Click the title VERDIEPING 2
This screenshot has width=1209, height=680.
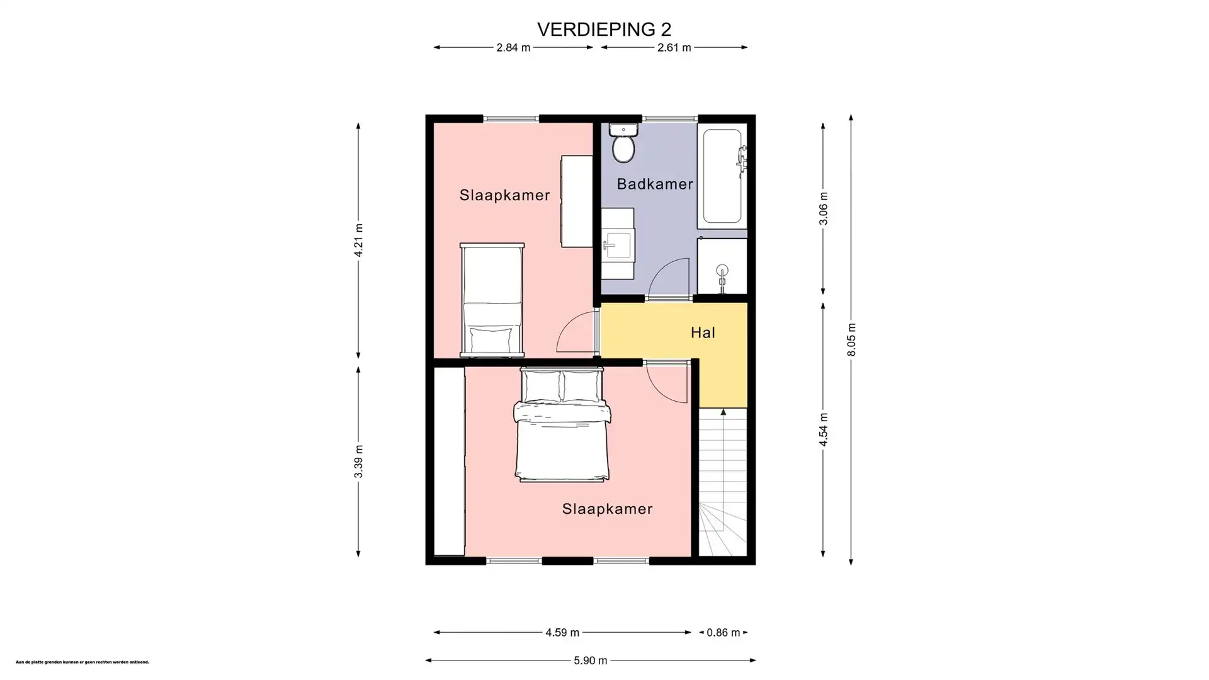(x=604, y=29)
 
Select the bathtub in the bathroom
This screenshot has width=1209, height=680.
(x=722, y=176)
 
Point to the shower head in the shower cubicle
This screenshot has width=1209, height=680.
(x=722, y=271)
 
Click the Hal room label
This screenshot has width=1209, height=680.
(x=703, y=332)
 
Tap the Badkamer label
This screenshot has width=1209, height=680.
(x=655, y=184)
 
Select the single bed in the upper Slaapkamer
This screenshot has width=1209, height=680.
(x=492, y=300)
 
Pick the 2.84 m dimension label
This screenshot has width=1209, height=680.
(x=513, y=47)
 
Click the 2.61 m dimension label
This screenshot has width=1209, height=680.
(x=674, y=47)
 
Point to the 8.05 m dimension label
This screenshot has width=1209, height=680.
(x=851, y=340)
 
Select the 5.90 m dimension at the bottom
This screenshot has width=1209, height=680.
(x=590, y=660)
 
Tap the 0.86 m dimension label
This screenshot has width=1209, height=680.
(x=723, y=632)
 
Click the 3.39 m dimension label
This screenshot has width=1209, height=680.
(x=358, y=462)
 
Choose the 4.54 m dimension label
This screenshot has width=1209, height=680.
(x=823, y=430)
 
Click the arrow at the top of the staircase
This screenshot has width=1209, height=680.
(x=724, y=412)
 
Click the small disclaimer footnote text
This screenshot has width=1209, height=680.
(x=82, y=662)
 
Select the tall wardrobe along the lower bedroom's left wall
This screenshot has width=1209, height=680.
(x=449, y=462)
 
